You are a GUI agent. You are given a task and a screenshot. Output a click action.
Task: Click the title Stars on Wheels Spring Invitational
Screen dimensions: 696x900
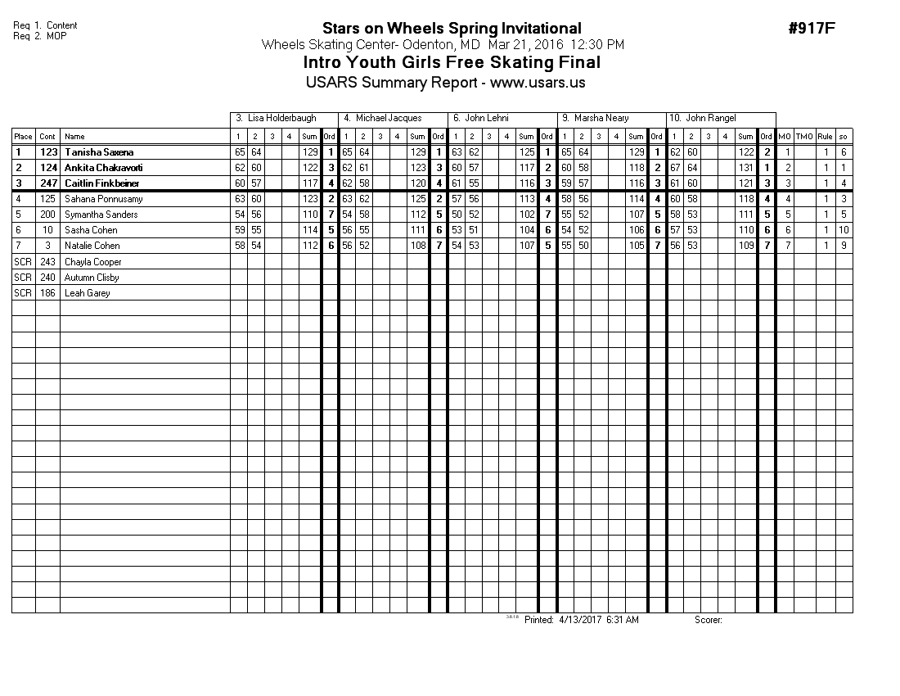tap(452, 29)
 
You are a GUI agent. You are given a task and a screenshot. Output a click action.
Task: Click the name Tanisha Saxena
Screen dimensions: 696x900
tap(99, 152)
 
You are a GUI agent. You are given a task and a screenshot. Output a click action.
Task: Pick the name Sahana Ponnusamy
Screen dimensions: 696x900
tap(103, 199)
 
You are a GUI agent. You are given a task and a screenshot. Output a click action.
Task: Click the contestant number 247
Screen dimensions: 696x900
tap(48, 183)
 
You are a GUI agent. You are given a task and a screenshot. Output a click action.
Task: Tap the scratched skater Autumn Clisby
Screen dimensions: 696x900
tap(92, 278)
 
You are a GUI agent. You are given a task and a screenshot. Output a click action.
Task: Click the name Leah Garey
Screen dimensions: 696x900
tap(87, 293)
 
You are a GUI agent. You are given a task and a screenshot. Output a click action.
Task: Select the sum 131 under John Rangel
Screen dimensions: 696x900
tap(745, 168)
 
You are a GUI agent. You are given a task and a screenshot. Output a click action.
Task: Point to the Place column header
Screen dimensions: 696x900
tap(23, 137)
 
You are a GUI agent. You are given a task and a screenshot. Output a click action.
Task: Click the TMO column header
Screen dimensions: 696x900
tap(805, 137)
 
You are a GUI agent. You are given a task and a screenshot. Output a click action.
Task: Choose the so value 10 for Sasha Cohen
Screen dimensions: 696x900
tap(844, 230)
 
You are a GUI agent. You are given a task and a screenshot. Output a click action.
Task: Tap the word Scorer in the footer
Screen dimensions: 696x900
tap(708, 621)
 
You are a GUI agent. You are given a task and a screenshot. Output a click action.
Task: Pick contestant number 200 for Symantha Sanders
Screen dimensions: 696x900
tap(48, 215)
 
